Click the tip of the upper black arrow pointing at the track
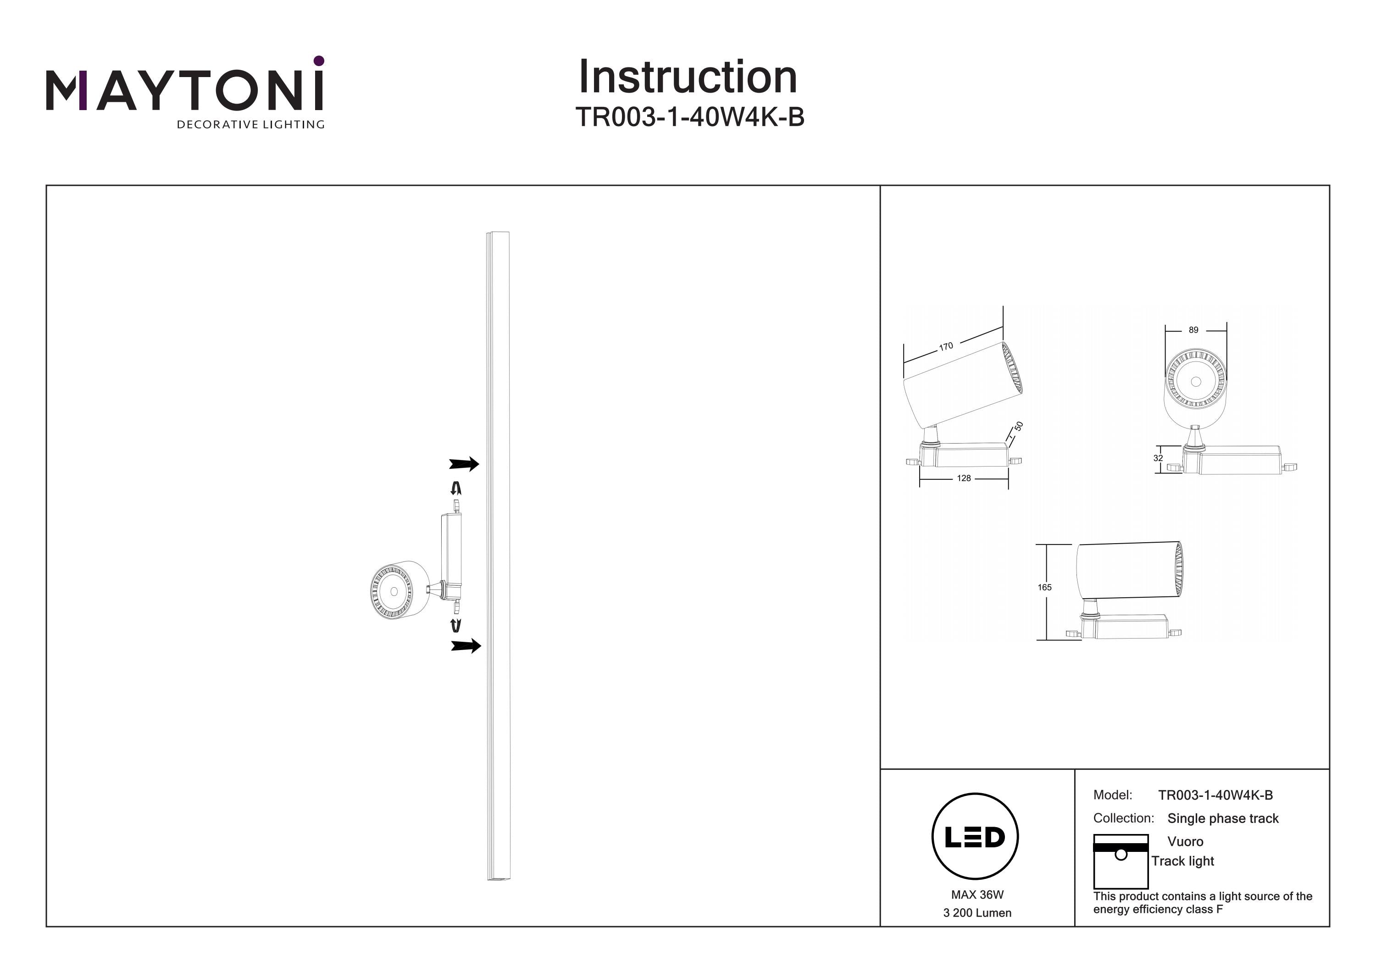pos(479,463)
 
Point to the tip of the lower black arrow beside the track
pos(481,645)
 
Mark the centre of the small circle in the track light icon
pos(1121,854)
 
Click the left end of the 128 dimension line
pos(920,478)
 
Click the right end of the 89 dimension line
pos(1226,330)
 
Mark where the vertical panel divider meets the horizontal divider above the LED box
pos(1075,769)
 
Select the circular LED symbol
pos(975,836)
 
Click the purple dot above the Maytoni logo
pos(319,61)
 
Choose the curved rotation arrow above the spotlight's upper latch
pos(456,488)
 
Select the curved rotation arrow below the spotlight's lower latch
pos(456,626)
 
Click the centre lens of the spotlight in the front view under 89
pos(1196,381)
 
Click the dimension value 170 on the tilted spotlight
pos(946,346)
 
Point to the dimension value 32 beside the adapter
pos(1158,458)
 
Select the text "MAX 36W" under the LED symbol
pos(977,895)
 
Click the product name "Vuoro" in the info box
pos(1185,841)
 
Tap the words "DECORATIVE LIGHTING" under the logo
pos(250,125)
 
